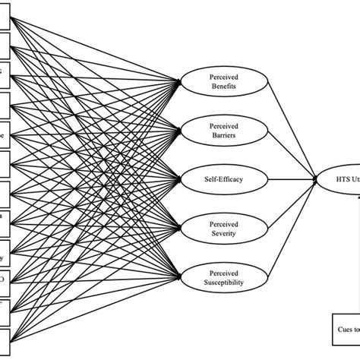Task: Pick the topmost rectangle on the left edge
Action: (x=4, y=21)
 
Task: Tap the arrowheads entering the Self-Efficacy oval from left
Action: (x=177, y=180)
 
